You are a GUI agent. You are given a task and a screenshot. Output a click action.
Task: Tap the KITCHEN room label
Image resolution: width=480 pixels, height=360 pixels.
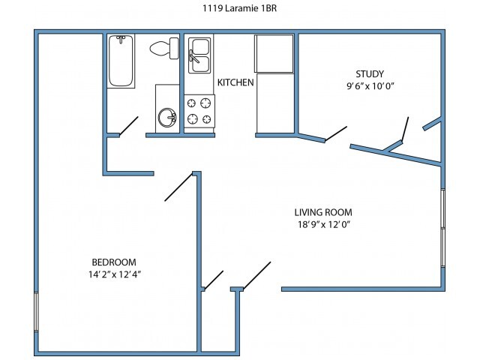pos(235,82)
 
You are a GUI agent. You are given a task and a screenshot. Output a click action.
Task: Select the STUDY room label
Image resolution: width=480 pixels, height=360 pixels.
pos(370,73)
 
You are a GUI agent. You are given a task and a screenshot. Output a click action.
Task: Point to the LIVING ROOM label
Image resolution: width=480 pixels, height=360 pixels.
pos(323,212)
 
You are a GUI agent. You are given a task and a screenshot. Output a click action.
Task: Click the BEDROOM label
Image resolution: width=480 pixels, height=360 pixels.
pos(114,262)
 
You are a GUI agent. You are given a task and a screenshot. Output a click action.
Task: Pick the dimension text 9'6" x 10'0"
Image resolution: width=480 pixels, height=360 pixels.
pos(370,85)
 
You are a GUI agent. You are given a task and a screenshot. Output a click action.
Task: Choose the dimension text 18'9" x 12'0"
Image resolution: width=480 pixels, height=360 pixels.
pos(323,224)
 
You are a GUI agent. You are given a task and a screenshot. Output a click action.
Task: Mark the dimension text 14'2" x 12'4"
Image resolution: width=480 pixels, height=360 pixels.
pos(114,274)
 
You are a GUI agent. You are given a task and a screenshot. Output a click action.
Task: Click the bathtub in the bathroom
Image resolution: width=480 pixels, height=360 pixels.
pos(121,61)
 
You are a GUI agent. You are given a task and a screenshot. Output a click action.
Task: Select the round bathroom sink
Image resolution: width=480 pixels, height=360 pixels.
pos(167,118)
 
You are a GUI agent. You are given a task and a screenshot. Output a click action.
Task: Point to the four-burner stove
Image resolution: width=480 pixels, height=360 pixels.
pos(199,112)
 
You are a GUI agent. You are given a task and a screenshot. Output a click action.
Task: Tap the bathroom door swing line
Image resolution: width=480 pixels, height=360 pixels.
pos(129,125)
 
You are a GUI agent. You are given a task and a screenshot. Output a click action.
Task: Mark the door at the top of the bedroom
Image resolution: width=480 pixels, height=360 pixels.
pos(179,187)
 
